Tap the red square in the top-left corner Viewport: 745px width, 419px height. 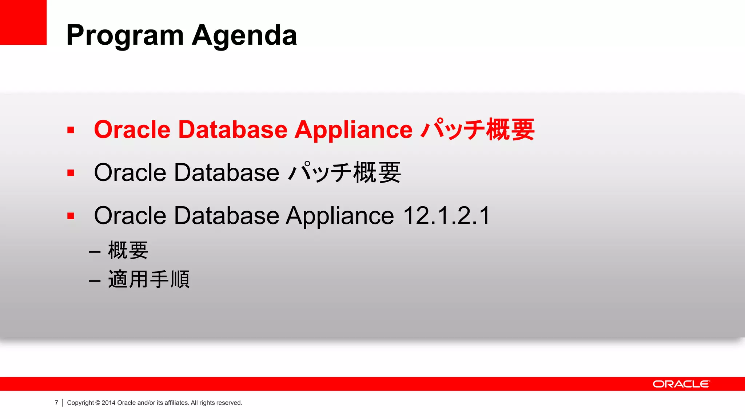23,22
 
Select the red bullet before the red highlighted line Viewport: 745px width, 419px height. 71,130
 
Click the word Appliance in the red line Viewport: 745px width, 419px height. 353,130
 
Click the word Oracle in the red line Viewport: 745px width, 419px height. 132,130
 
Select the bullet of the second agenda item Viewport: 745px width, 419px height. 71,173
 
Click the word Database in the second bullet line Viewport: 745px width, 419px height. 226,173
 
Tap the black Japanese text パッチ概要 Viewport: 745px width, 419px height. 344,173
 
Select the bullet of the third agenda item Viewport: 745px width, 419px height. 71,216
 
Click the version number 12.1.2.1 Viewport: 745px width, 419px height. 447,216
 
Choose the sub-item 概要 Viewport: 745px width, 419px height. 128,250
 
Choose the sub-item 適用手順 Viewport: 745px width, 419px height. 149,279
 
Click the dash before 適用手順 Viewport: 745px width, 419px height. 95,281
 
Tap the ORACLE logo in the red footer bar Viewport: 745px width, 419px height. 681,384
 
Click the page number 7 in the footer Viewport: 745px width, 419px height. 56,403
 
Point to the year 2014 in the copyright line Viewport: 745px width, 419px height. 108,403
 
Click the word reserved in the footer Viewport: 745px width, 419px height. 229,403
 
